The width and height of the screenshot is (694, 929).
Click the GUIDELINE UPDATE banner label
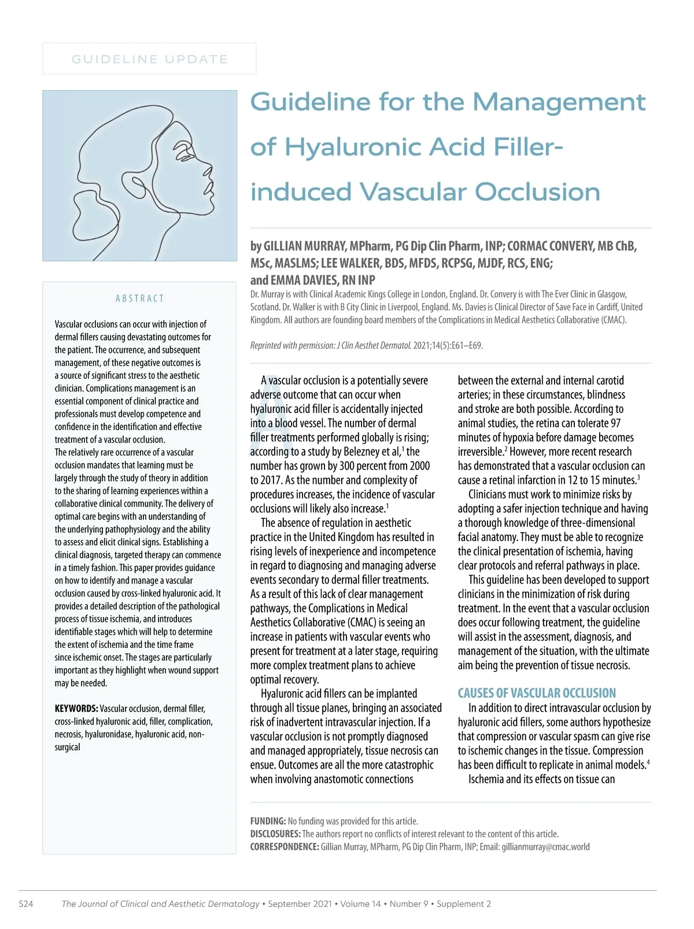pyautogui.click(x=149, y=59)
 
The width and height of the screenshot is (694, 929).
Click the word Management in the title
pyautogui.click(x=559, y=102)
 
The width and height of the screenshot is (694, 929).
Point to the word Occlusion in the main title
pyautogui.click(x=537, y=193)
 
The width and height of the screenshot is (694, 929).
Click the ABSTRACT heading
pyautogui.click(x=140, y=298)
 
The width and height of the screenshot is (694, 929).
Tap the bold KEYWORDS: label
pyautogui.click(x=76, y=709)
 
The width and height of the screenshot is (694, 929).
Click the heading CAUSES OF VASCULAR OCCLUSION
pyautogui.click(x=537, y=693)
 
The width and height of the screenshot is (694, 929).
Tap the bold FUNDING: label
pyautogui.click(x=268, y=821)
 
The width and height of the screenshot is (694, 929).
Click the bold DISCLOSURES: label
pyautogui.click(x=275, y=834)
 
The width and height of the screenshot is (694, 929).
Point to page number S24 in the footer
pyautogui.click(x=26, y=904)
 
